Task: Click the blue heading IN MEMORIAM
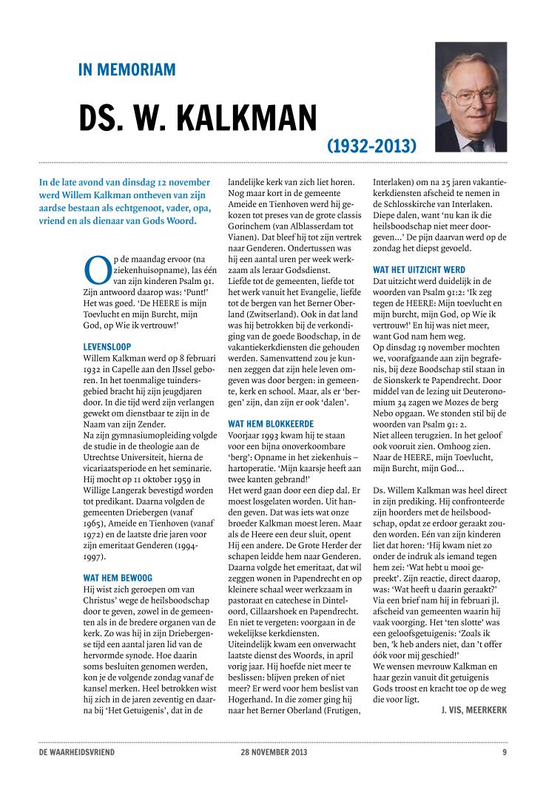click(x=127, y=70)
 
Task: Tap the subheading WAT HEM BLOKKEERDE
click(x=270, y=424)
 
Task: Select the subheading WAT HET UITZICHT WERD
click(x=419, y=270)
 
